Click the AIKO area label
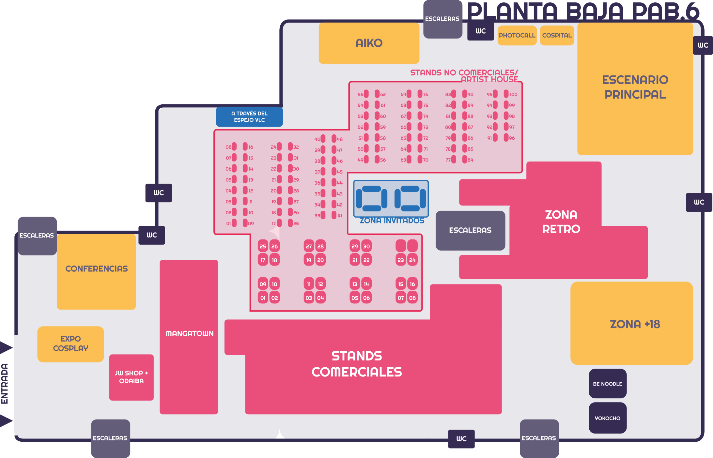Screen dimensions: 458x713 click(x=369, y=43)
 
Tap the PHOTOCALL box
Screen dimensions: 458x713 click(x=517, y=35)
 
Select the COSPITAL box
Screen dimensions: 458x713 click(x=557, y=35)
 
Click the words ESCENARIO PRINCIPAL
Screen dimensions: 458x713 click(x=635, y=87)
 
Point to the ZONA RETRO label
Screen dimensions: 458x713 click(x=561, y=222)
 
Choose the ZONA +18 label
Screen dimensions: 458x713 click(x=635, y=324)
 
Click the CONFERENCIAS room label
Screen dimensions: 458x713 click(x=96, y=269)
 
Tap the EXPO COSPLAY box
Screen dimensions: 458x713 click(x=70, y=343)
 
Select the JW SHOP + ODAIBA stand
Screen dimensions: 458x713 click(x=131, y=377)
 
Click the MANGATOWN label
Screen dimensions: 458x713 click(x=189, y=333)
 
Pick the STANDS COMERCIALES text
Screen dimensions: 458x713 click(x=357, y=364)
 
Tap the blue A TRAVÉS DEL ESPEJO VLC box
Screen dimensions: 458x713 click(x=249, y=117)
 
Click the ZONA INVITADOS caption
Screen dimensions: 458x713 click(x=392, y=221)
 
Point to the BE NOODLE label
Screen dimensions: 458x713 click(x=607, y=384)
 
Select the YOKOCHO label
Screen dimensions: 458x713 click(x=607, y=418)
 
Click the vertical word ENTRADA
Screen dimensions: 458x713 click(x=5, y=384)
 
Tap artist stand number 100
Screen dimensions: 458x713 click(x=506, y=94)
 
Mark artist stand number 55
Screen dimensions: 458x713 click(x=366, y=94)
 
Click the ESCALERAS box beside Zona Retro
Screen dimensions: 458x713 click(x=470, y=230)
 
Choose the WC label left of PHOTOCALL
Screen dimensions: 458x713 click(x=480, y=31)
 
